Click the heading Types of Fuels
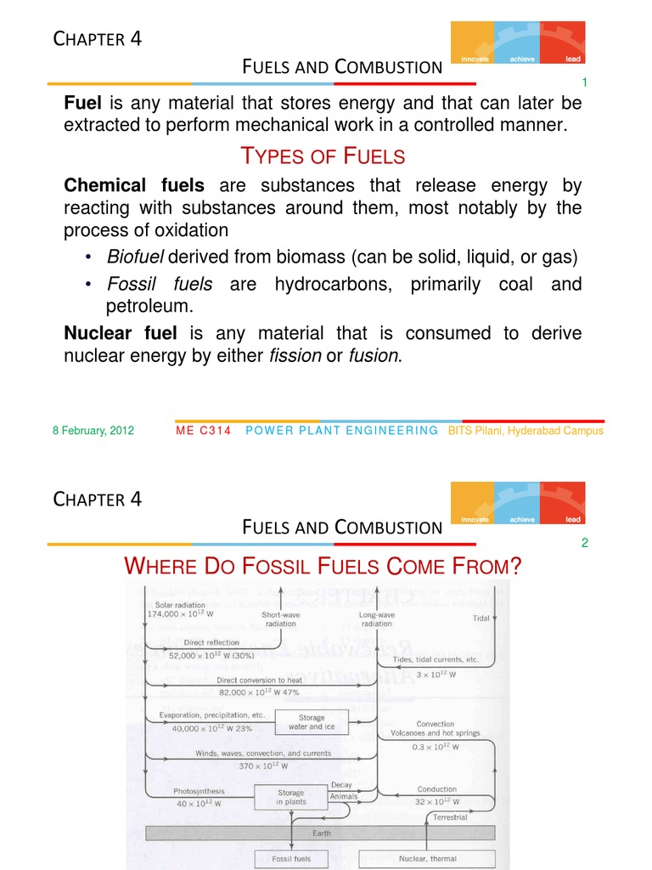coord(323,156)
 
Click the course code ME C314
coord(203,431)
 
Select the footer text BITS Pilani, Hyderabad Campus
coord(531,431)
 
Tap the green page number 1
coord(584,82)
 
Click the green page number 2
coord(584,544)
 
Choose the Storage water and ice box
coord(312,722)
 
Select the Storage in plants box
coord(290,796)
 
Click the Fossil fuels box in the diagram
coord(290,859)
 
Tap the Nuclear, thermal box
coord(427,859)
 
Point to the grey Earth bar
coord(321,833)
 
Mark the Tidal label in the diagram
coord(481,619)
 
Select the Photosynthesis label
coord(194,792)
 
